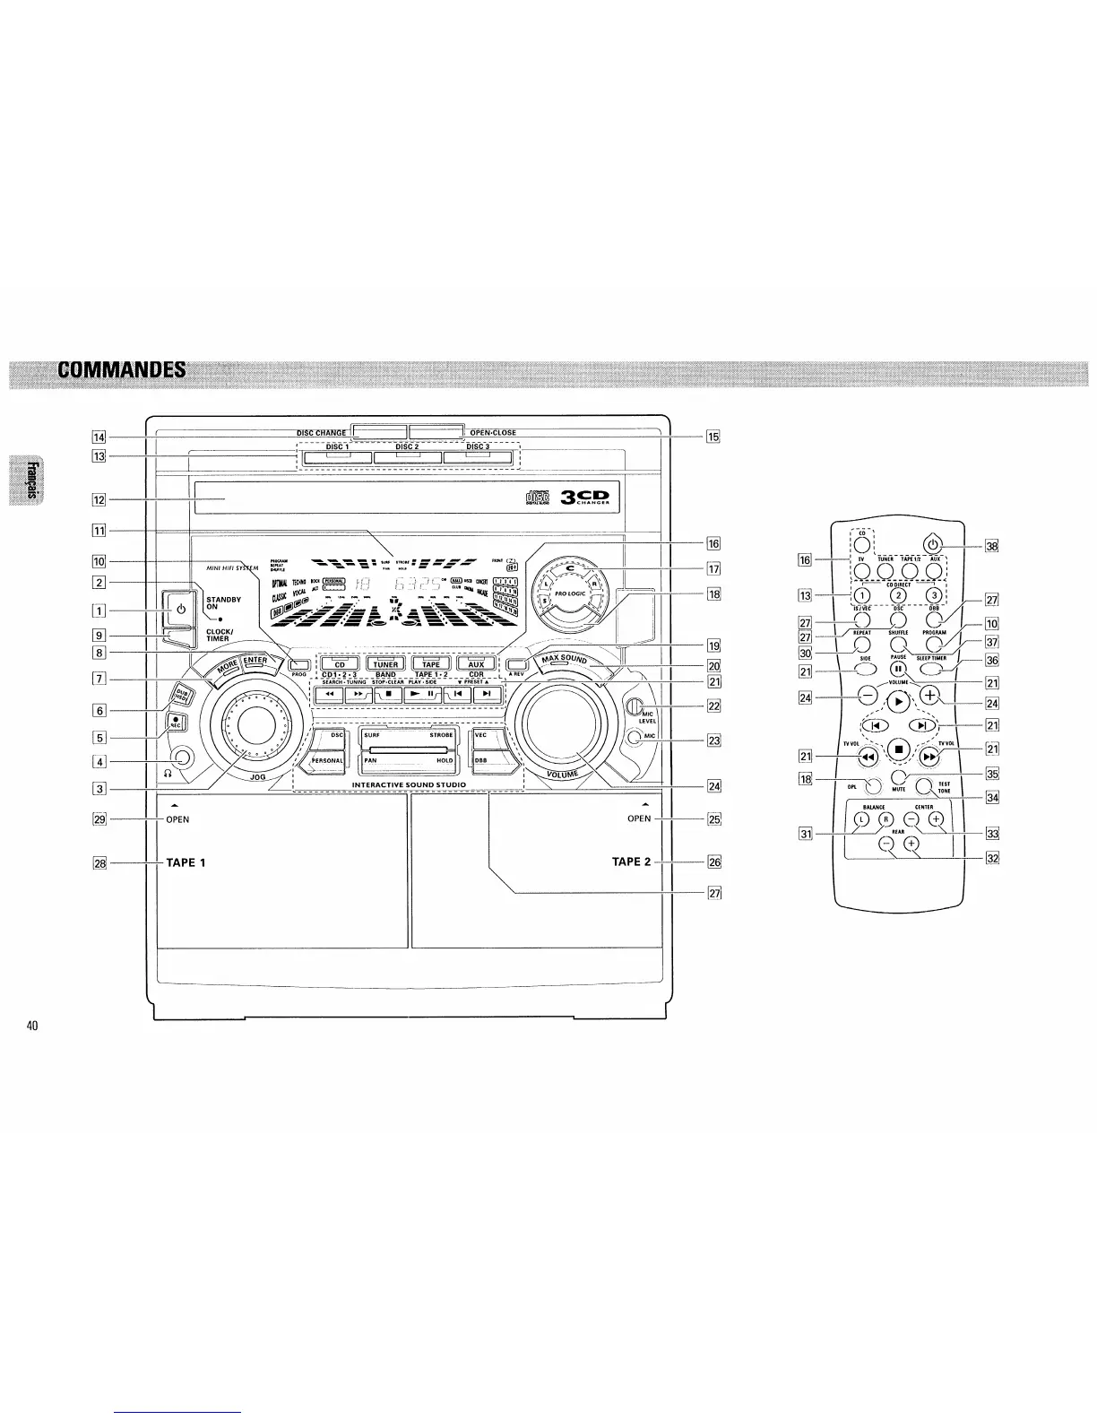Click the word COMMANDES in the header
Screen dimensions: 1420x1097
tap(122, 369)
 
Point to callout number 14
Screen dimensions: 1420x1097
tap(100, 437)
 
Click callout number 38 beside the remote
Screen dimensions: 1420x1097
tap(966, 546)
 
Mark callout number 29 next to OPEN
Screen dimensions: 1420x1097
tap(100, 818)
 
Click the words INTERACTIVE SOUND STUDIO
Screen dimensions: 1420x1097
tap(409, 785)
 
